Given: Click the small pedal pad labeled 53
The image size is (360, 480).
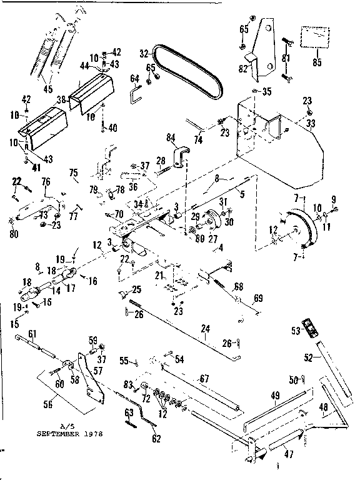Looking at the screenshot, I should (x=307, y=326).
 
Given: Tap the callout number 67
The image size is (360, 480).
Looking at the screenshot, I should (x=204, y=379).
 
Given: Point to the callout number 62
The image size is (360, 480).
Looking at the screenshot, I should (x=156, y=439).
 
